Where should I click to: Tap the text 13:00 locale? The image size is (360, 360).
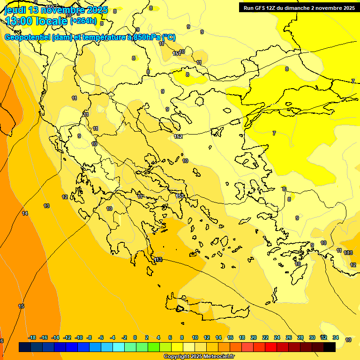tap(36, 21)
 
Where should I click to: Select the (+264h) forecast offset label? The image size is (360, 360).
tap(83, 21)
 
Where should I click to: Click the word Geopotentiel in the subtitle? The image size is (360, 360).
tap(27, 37)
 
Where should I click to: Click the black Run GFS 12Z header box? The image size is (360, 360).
tap(299, 7)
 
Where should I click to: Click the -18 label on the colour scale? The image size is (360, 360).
tap(32, 337)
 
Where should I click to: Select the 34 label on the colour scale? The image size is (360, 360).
tap(336, 337)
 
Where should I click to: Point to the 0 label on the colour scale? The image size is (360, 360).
tap(135, 337)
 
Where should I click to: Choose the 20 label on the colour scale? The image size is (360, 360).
tap(254, 337)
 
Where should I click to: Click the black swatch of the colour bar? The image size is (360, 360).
tap(330, 347)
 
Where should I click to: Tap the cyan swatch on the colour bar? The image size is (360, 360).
tap(119, 347)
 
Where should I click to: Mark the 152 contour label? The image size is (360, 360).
tap(178, 136)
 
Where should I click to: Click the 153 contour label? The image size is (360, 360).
tap(180, 196)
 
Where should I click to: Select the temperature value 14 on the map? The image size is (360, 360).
tap(25, 213)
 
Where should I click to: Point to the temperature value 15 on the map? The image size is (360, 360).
tap(21, 306)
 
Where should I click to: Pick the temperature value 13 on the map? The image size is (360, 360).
tap(46, 206)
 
